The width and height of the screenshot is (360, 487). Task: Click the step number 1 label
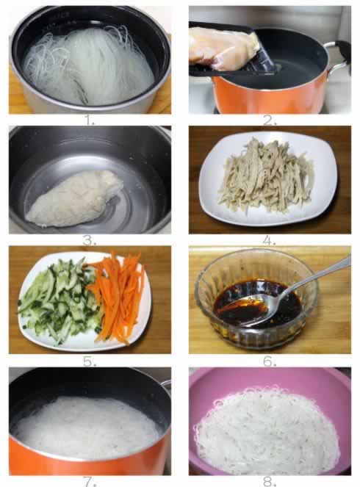(x=90, y=120)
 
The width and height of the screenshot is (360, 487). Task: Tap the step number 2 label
(x=270, y=120)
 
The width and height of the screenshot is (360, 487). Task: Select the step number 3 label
(x=89, y=240)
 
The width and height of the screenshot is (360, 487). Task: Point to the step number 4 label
(x=270, y=240)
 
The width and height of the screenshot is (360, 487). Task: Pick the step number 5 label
(x=89, y=361)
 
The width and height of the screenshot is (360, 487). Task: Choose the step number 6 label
(x=270, y=361)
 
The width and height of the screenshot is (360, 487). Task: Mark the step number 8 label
(x=270, y=481)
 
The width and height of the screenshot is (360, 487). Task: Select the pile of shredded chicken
(x=265, y=176)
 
